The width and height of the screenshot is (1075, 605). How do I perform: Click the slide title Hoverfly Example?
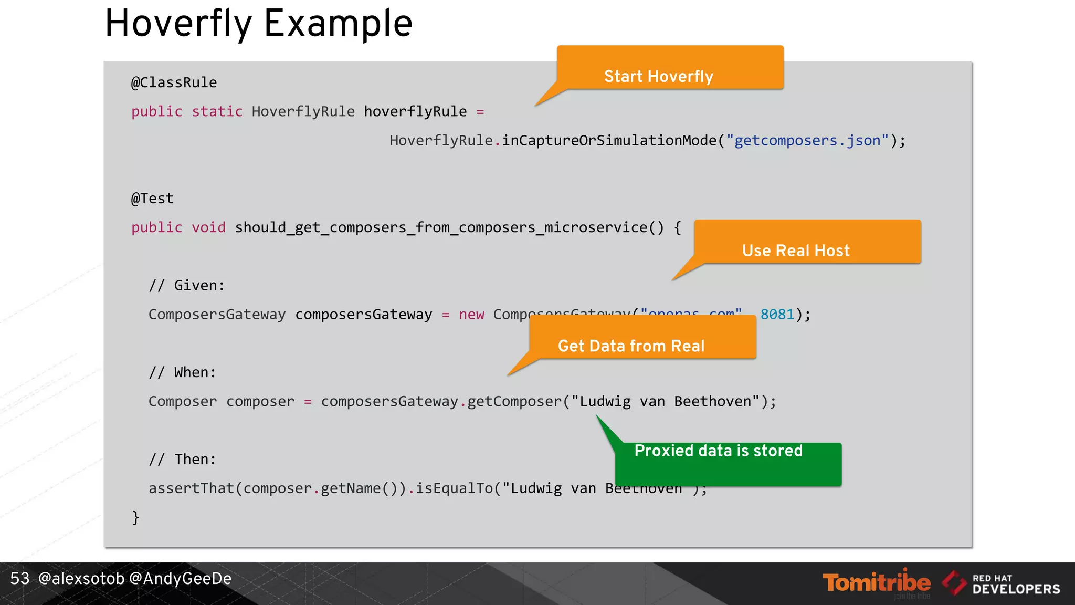259,24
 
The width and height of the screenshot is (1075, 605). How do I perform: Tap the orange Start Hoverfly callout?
670,68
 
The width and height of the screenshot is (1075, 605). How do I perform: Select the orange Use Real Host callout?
807,243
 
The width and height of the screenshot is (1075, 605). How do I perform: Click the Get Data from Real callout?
642,338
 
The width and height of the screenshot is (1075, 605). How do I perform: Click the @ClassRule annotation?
174,82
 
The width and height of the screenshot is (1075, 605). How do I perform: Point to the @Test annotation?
152,199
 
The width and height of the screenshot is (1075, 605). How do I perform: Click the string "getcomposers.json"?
807,141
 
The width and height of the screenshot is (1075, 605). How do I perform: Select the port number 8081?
777,314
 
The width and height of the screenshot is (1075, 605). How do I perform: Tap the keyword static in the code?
217,111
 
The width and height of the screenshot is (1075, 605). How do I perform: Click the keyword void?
208,227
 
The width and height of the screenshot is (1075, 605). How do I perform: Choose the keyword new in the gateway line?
471,314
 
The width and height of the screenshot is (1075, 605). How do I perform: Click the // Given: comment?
187,285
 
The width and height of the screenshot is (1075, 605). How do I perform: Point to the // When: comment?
182,372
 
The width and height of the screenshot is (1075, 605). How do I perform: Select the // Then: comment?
182,460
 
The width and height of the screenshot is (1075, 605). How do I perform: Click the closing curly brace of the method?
135,517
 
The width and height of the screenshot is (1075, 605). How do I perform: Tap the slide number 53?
20,579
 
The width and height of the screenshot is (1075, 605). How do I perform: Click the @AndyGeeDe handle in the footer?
180,579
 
